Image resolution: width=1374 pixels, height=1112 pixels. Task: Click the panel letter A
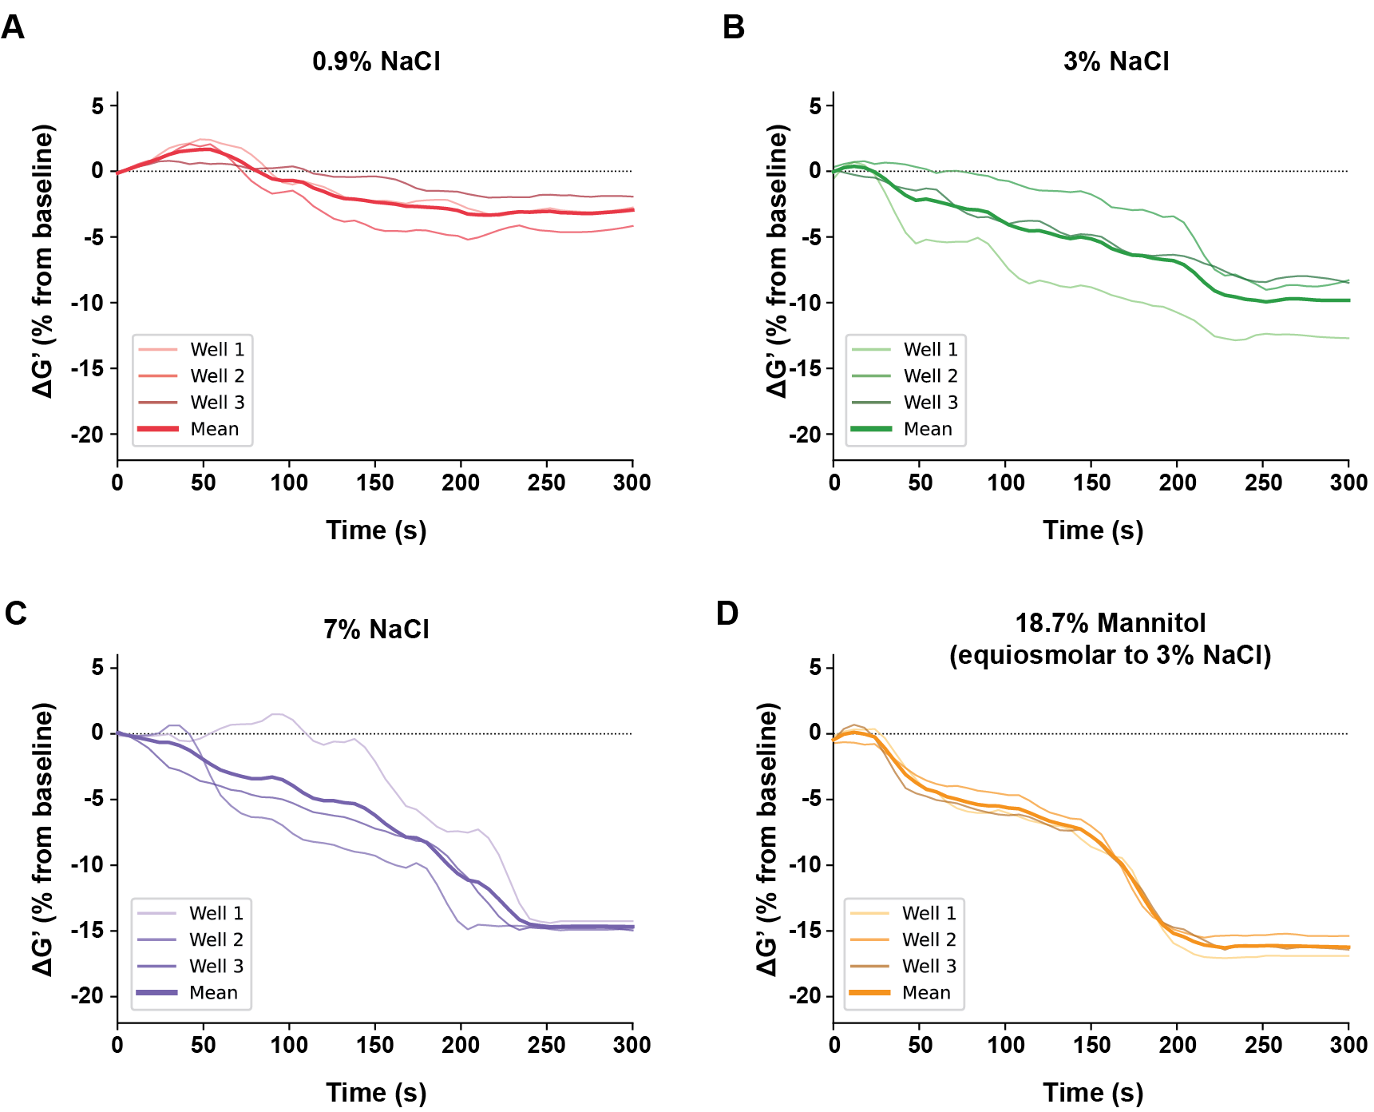pyautogui.click(x=13, y=28)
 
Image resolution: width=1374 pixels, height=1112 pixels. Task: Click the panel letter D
pyautogui.click(x=727, y=614)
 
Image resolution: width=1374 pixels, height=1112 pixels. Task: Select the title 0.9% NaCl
pyautogui.click(x=376, y=62)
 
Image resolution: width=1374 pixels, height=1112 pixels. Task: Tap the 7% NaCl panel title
pyautogui.click(x=376, y=629)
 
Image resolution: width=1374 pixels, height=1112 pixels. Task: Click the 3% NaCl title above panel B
pyautogui.click(x=1115, y=62)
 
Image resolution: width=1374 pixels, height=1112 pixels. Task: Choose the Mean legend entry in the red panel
pyautogui.click(x=214, y=429)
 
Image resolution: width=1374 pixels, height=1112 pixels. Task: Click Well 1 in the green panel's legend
pyautogui.click(x=930, y=349)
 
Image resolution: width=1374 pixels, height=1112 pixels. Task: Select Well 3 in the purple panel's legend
pyautogui.click(x=216, y=966)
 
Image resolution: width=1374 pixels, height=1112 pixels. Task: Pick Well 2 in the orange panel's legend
pyautogui.click(x=929, y=939)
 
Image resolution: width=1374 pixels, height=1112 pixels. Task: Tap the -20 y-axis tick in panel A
pyautogui.click(x=88, y=435)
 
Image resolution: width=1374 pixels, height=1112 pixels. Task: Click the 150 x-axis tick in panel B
pyautogui.click(x=1091, y=483)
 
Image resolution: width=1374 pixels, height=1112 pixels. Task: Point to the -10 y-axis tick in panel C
pyautogui.click(x=88, y=864)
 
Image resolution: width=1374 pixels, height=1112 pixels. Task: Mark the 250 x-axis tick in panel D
pyautogui.click(x=1263, y=1045)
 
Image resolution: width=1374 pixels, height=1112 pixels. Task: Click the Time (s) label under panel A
pyautogui.click(x=376, y=530)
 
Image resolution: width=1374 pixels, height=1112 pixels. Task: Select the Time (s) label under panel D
pyautogui.click(x=1093, y=1093)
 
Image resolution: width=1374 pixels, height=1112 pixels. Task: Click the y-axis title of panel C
pyautogui.click(x=43, y=839)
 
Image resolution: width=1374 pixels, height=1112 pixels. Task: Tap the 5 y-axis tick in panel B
pyautogui.click(x=815, y=105)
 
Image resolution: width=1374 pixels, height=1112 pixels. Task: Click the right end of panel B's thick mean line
pyautogui.click(x=1348, y=300)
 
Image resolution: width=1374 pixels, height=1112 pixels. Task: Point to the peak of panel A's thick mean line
pyautogui.click(x=206, y=149)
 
